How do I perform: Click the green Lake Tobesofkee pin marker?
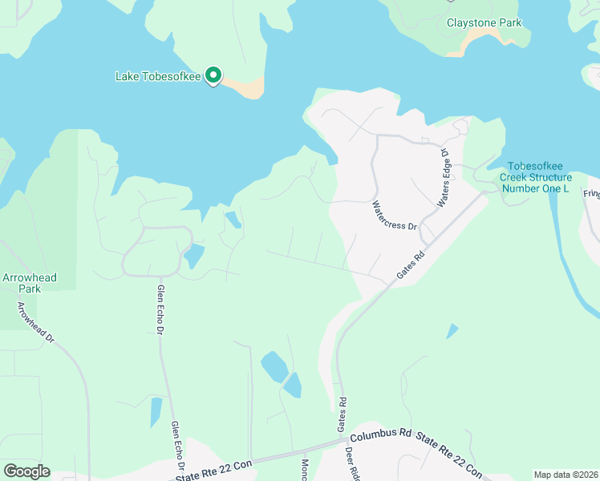[x=213, y=75]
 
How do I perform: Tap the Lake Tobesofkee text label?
[x=159, y=77]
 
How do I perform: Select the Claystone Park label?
[x=484, y=22]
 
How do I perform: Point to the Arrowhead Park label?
[x=29, y=283]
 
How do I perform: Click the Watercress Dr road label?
[x=396, y=216]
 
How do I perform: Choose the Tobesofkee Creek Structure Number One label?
[x=536, y=183]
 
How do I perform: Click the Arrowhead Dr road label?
[x=37, y=323]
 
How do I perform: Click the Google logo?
[x=26, y=471]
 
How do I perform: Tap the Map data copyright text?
[x=566, y=475]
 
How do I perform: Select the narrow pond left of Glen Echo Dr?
[x=156, y=412]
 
